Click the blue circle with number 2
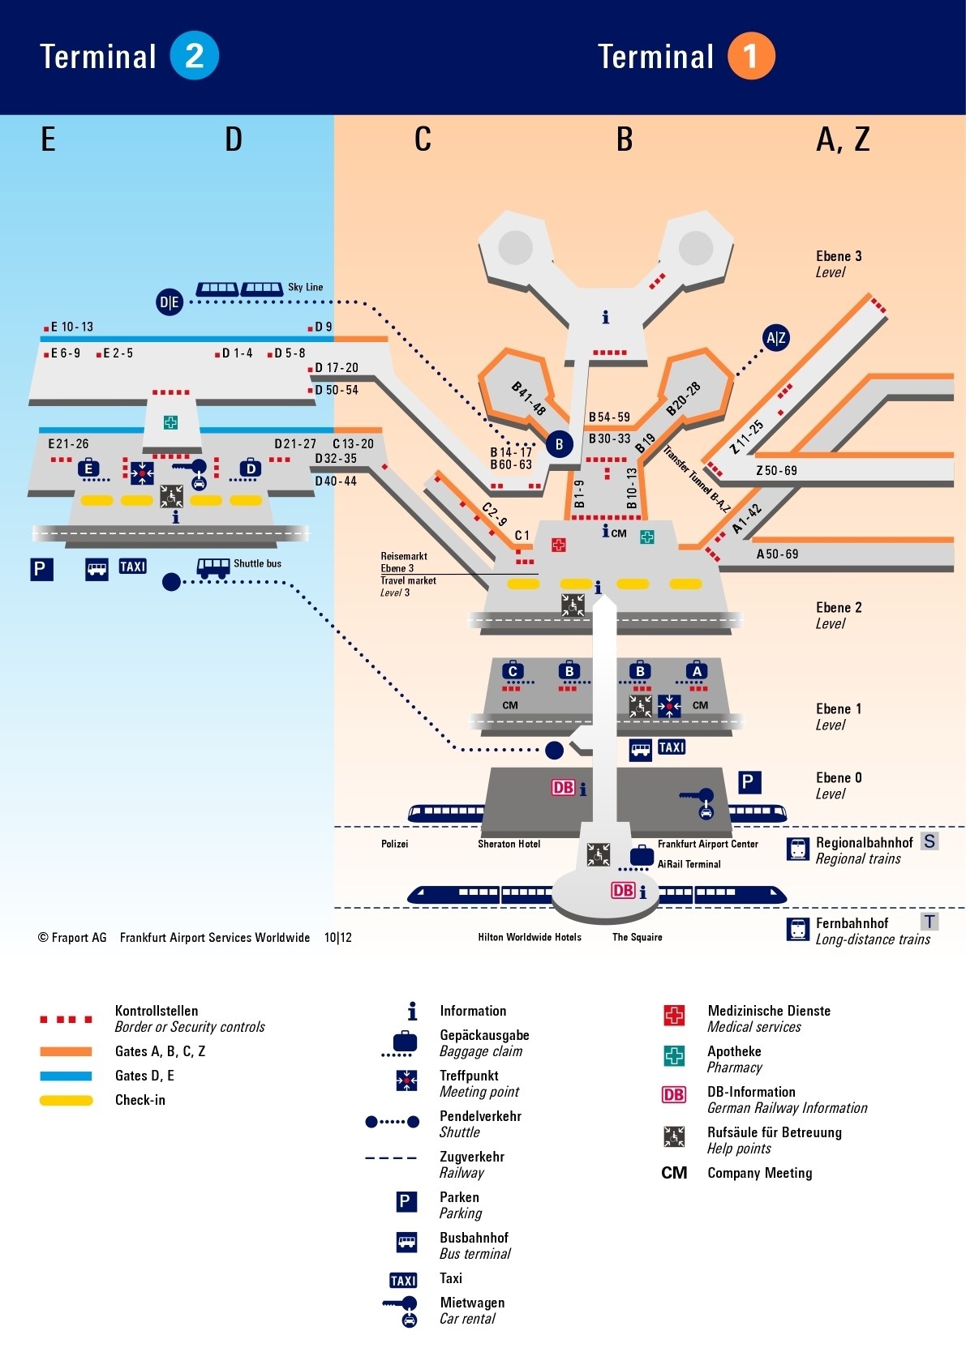194,56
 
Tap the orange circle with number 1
751,56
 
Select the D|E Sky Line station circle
170,302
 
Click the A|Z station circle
775,337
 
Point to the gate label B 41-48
528,398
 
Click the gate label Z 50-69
776,470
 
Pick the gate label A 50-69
777,554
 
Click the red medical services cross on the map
558,545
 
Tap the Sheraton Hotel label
509,844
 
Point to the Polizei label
394,844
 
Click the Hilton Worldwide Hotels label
530,937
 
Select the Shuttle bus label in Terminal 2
257,563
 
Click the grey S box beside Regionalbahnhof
930,841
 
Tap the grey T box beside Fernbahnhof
930,922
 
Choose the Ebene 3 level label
839,257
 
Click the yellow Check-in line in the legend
66,1101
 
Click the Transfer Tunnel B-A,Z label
697,479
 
